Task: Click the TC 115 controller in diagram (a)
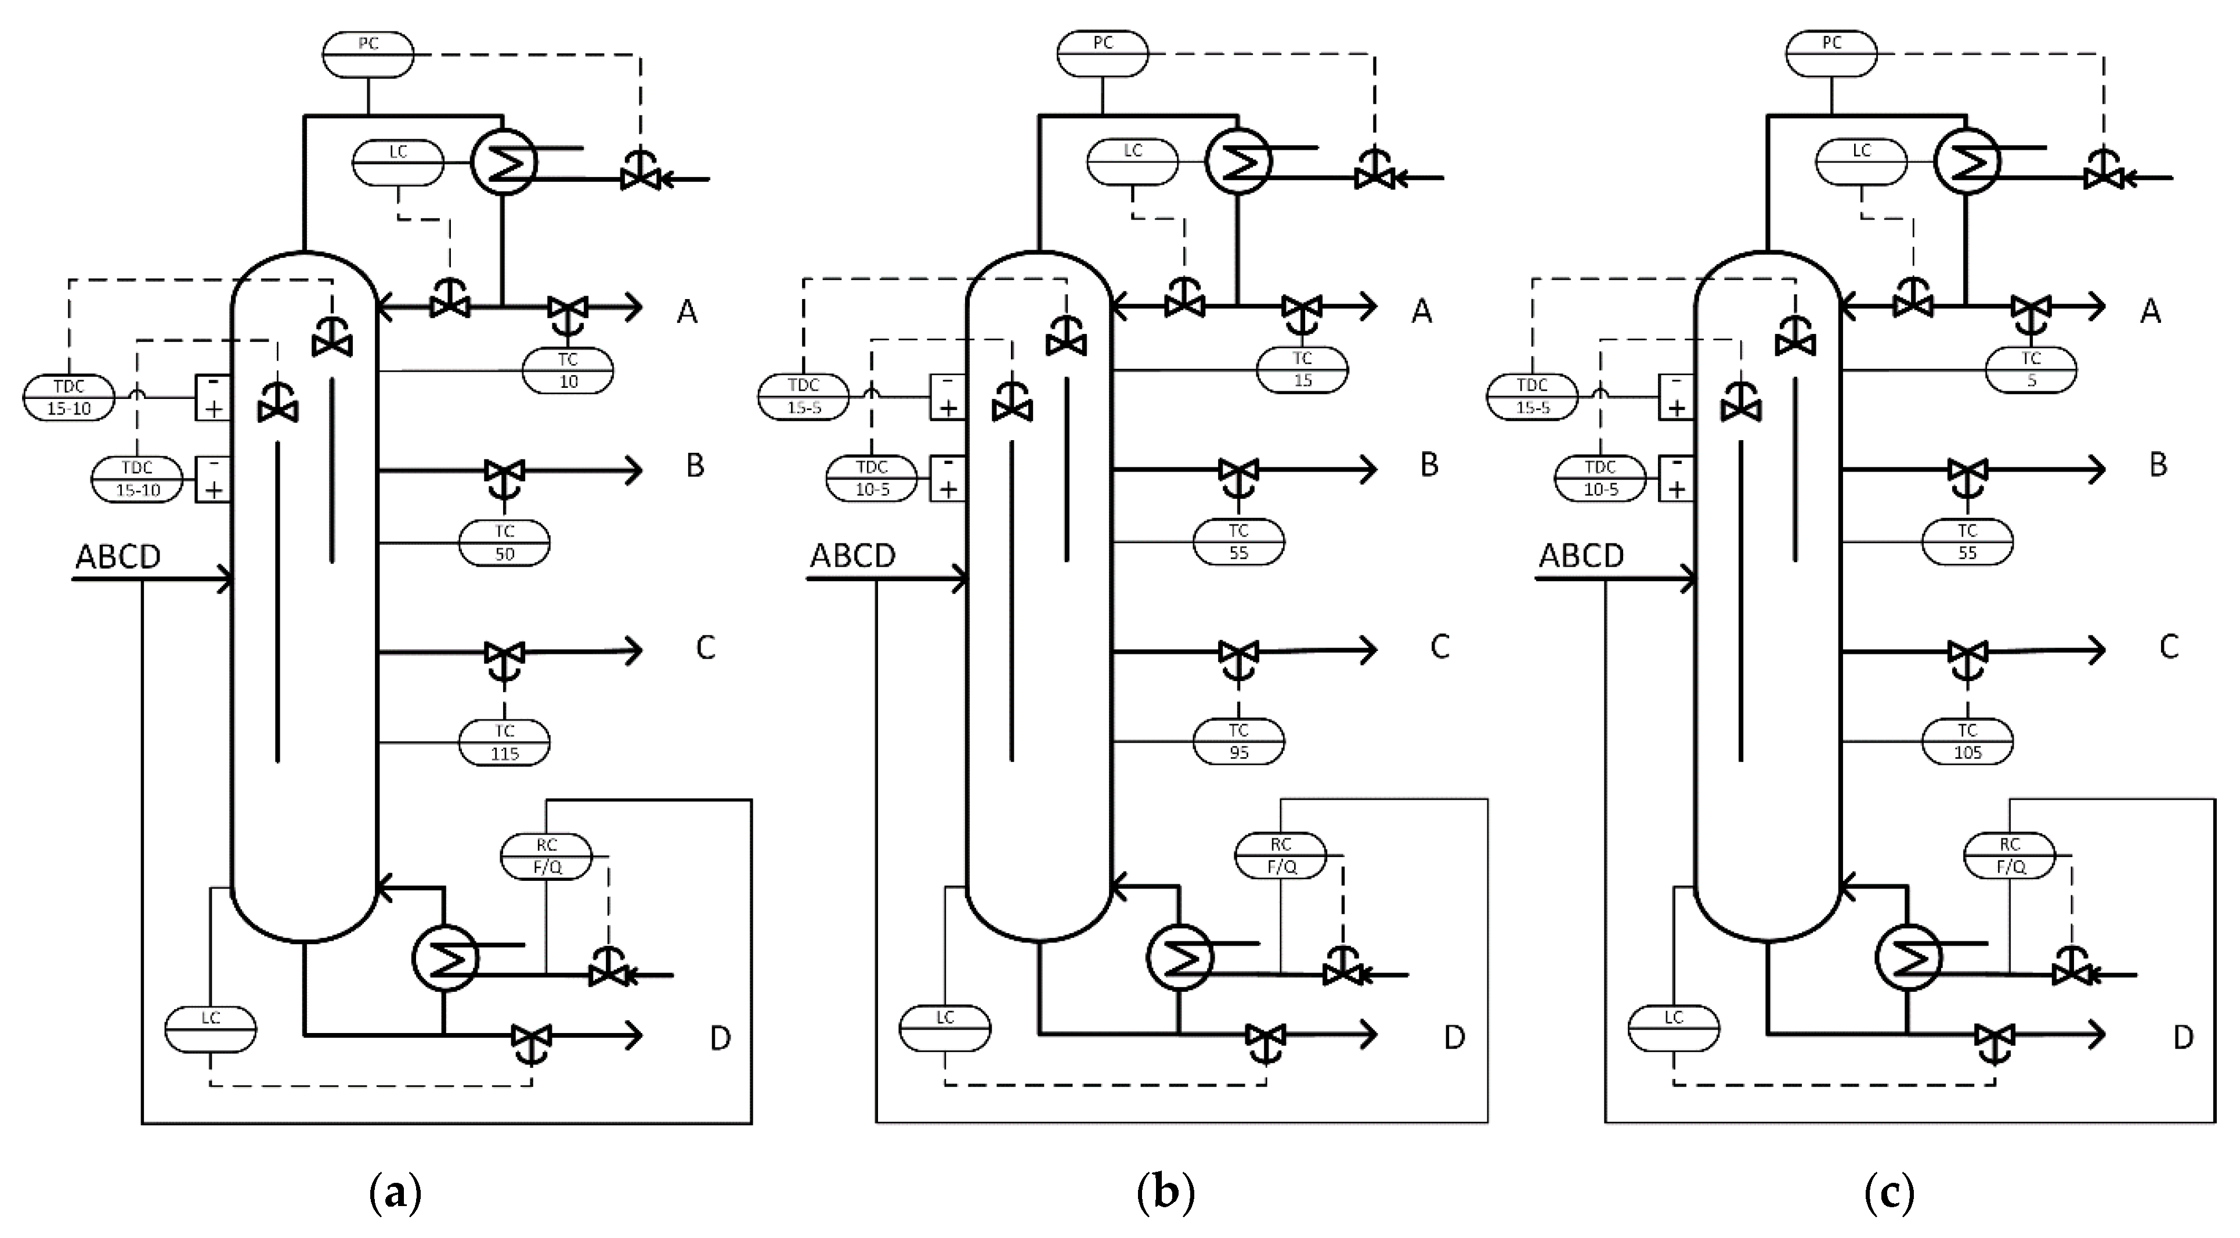coord(504,742)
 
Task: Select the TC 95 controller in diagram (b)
coord(1238,742)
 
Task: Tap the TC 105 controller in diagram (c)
coord(1967,742)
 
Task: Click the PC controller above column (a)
coord(368,55)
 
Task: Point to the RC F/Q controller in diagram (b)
coord(1281,856)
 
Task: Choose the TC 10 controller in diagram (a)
coord(568,370)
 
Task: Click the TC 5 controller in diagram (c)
coord(2031,370)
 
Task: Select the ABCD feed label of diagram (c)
coord(1581,555)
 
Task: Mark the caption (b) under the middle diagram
coord(1165,1193)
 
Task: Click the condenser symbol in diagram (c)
coord(1967,162)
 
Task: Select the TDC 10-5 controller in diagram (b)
coord(871,478)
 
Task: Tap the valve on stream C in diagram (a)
coord(504,653)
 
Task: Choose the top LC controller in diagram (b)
coord(1132,162)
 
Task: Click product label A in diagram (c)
coord(2149,311)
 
